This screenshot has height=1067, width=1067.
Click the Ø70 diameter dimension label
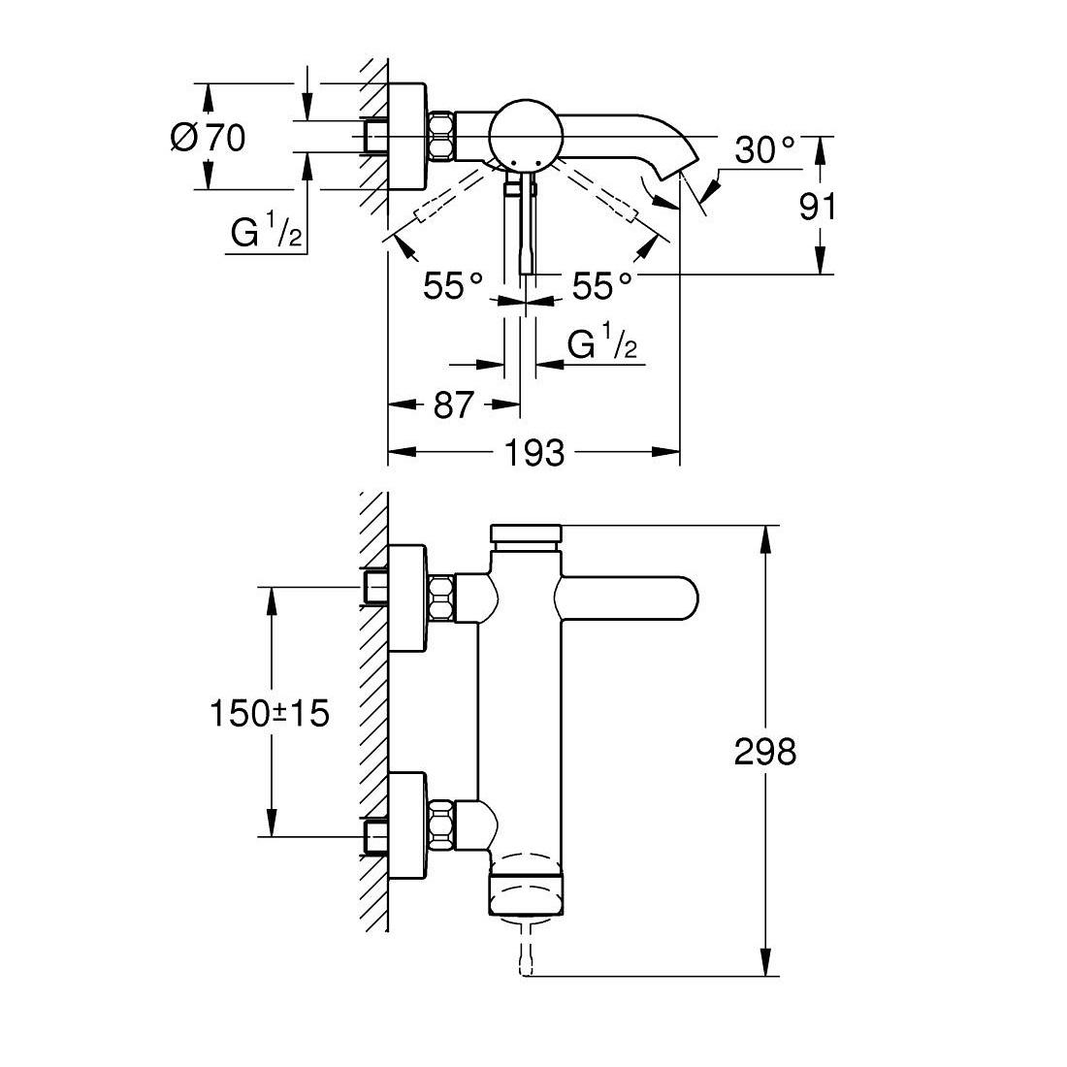[208, 138]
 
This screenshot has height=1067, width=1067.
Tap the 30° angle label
[763, 150]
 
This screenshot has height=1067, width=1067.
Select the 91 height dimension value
[817, 206]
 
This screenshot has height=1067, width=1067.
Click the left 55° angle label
[453, 286]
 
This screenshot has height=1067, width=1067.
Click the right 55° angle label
[601, 286]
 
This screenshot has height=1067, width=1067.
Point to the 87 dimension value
[453, 404]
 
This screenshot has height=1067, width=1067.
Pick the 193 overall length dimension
[535, 452]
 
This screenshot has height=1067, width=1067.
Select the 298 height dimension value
[764, 752]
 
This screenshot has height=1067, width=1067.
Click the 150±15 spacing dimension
[270, 714]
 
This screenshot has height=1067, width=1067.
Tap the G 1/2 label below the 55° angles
[602, 344]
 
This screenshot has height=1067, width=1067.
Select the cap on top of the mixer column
[527, 534]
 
